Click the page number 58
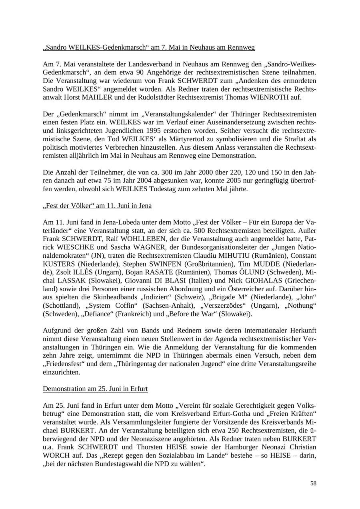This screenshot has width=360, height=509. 313,483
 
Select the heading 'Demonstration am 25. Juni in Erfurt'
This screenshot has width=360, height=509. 95,389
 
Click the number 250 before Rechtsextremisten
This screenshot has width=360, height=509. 233,430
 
